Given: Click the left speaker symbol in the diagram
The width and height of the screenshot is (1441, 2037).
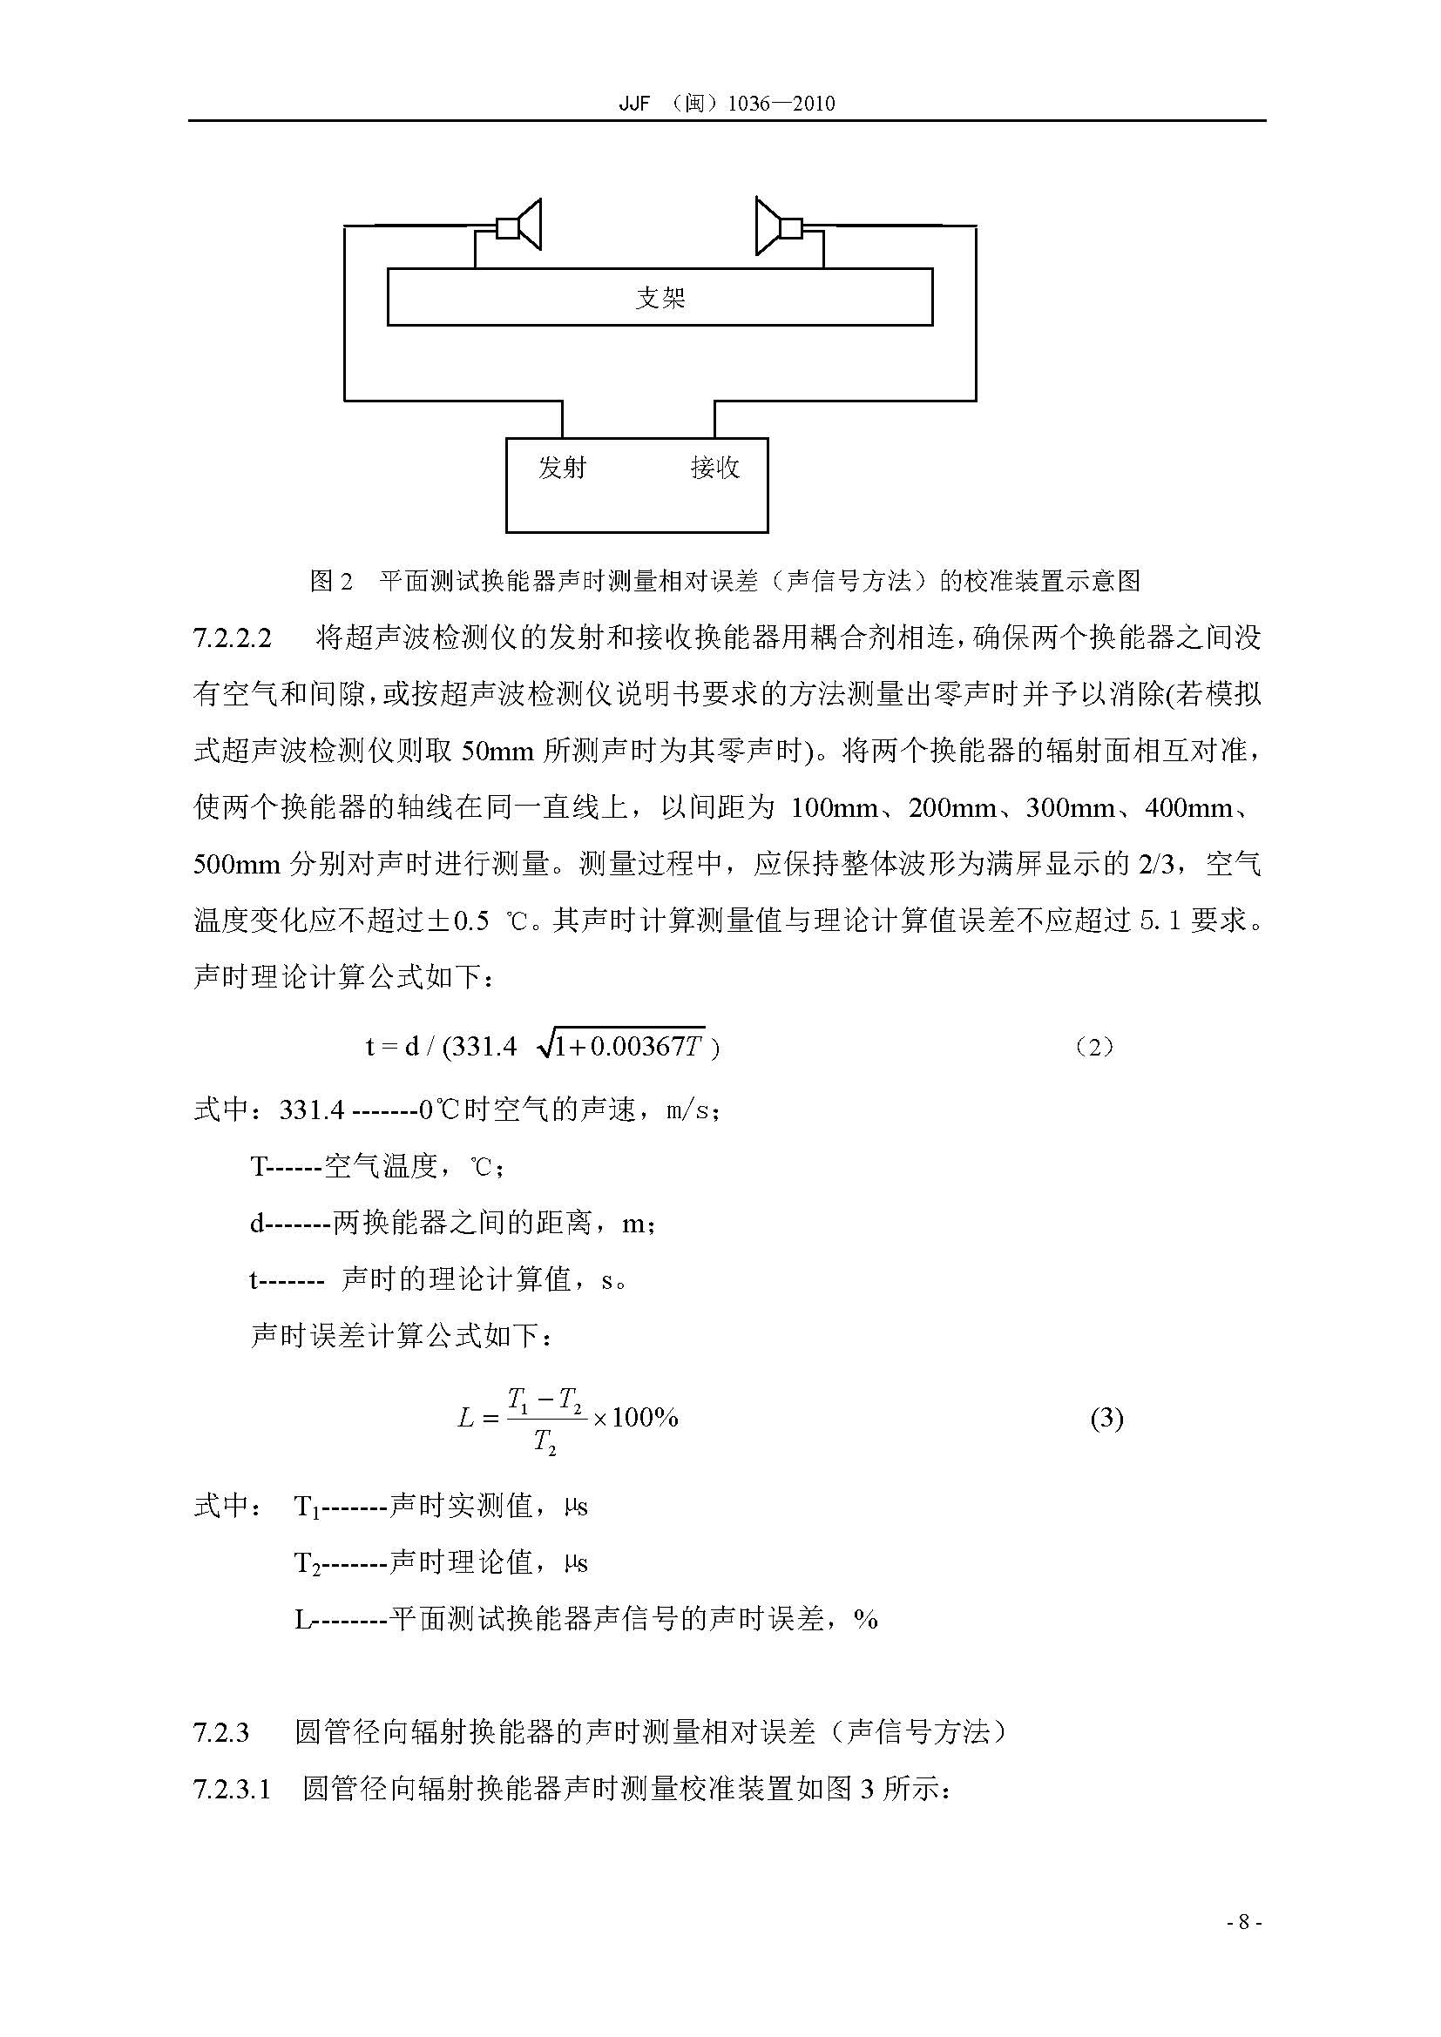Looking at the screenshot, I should pos(520,227).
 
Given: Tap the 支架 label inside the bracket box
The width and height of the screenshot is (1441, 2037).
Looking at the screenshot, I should pos(660,298).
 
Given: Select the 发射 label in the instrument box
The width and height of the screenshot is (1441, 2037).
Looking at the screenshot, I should pos(562,468).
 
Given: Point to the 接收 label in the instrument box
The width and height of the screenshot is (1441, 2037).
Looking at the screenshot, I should pos(714,468).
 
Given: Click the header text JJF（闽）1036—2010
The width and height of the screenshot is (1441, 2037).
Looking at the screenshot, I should pos(726,103).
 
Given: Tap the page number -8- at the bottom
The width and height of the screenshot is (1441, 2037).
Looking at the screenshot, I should pos(1243,1946).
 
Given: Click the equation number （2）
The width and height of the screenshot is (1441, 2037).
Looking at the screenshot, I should pos(1093,1048).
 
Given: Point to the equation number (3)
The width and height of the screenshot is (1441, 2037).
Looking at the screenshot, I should pos(1106,1419).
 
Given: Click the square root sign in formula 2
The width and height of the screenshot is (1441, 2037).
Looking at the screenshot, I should pos(543,1046).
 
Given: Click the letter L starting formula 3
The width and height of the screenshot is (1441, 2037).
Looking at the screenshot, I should pos(467,1419).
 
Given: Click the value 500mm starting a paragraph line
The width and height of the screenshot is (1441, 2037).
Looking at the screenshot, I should pos(236,865).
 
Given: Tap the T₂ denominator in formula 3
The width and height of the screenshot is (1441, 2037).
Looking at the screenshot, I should pos(545,1443).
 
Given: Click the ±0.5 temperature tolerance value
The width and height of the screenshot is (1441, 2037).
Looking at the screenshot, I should pos(459,921).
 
